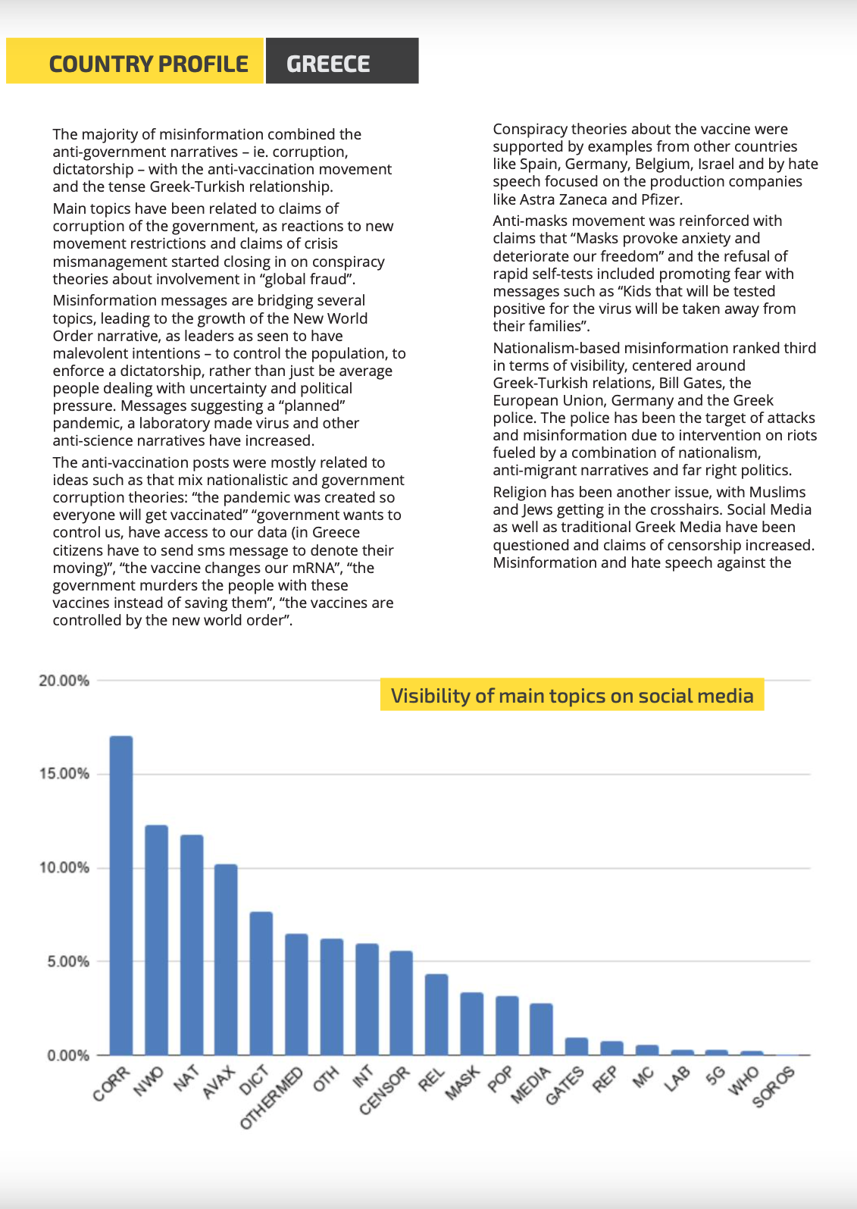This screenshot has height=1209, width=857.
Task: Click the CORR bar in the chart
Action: click(x=121, y=895)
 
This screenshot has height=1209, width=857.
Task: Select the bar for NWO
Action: click(x=157, y=940)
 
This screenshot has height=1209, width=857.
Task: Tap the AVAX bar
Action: click(x=226, y=959)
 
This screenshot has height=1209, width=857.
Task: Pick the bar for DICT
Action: click(x=261, y=983)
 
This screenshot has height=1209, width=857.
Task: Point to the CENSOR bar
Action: click(x=402, y=1002)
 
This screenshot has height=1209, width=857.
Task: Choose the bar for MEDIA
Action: click(x=541, y=1029)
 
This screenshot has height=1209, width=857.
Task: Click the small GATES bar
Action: click(x=577, y=1046)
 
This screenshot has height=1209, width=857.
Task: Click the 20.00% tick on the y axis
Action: click(x=64, y=681)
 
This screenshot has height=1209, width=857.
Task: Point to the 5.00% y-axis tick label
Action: click(x=68, y=961)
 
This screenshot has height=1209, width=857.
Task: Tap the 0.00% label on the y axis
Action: click(x=68, y=1055)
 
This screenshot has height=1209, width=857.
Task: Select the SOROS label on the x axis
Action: click(x=774, y=1086)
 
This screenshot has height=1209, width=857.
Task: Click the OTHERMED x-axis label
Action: click(x=271, y=1098)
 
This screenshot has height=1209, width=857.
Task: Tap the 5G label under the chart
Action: click(x=715, y=1076)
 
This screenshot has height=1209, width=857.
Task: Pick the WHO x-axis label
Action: click(x=745, y=1081)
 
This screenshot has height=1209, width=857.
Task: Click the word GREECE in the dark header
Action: click(x=328, y=64)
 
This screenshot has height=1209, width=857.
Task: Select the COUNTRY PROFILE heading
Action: click(x=149, y=64)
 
